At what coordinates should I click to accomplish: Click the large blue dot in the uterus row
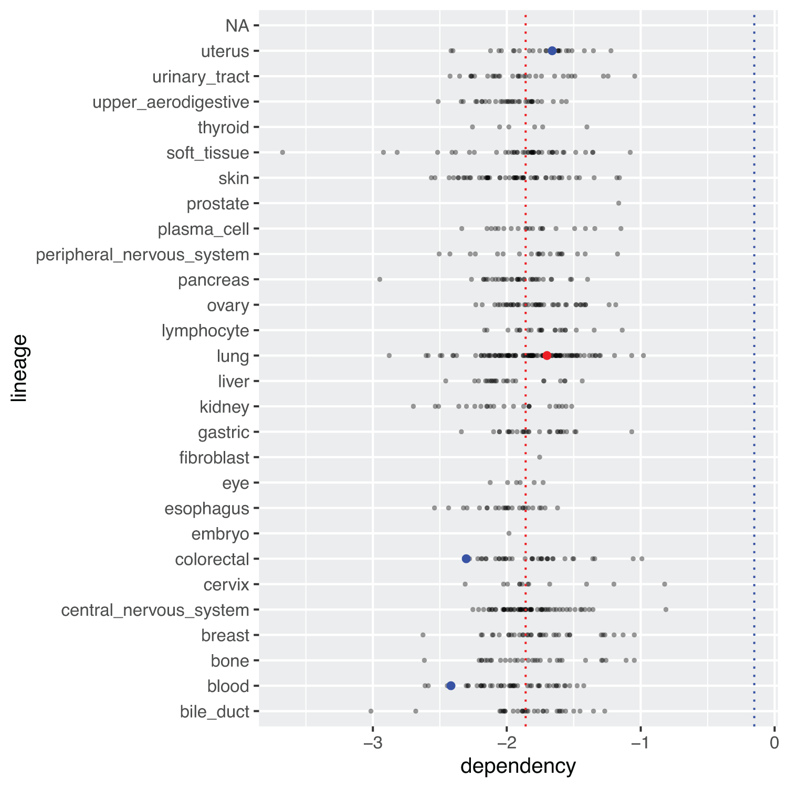[x=552, y=51]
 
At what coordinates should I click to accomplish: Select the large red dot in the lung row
[x=547, y=355]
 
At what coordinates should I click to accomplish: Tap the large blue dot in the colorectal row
[x=466, y=559]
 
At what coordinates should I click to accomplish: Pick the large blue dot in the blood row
[x=450, y=686]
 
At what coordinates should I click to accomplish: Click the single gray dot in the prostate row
[x=618, y=203]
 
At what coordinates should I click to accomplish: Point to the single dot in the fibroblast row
[x=540, y=457]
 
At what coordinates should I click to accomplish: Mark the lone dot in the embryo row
[x=509, y=533]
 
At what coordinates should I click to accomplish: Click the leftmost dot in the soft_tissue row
[x=282, y=152]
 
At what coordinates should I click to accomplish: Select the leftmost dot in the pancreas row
[x=380, y=279]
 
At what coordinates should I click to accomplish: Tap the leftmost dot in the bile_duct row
[x=371, y=711]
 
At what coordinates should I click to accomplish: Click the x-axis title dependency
[x=518, y=766]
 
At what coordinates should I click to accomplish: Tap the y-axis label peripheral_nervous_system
[x=142, y=255]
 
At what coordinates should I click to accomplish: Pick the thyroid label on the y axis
[x=223, y=128]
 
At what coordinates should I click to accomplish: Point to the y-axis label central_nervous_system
[x=155, y=610]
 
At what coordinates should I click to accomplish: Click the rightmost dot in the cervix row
[x=665, y=584]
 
